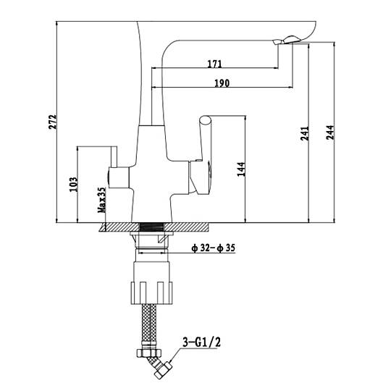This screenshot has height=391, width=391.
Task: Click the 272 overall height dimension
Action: coord(53,122)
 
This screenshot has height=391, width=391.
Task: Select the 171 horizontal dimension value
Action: coord(215,64)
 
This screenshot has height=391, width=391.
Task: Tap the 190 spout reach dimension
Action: coord(222,83)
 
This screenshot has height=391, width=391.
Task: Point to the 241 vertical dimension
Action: coord(305,133)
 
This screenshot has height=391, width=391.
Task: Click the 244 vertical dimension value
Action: coord(330,133)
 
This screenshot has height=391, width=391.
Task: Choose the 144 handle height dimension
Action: coord(241,169)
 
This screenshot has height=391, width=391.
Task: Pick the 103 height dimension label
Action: coord(74,185)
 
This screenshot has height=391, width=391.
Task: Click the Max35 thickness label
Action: coord(102,200)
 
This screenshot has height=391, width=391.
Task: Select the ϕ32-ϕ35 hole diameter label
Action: coord(213,248)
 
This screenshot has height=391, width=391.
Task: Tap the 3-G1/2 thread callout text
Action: coord(202,342)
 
